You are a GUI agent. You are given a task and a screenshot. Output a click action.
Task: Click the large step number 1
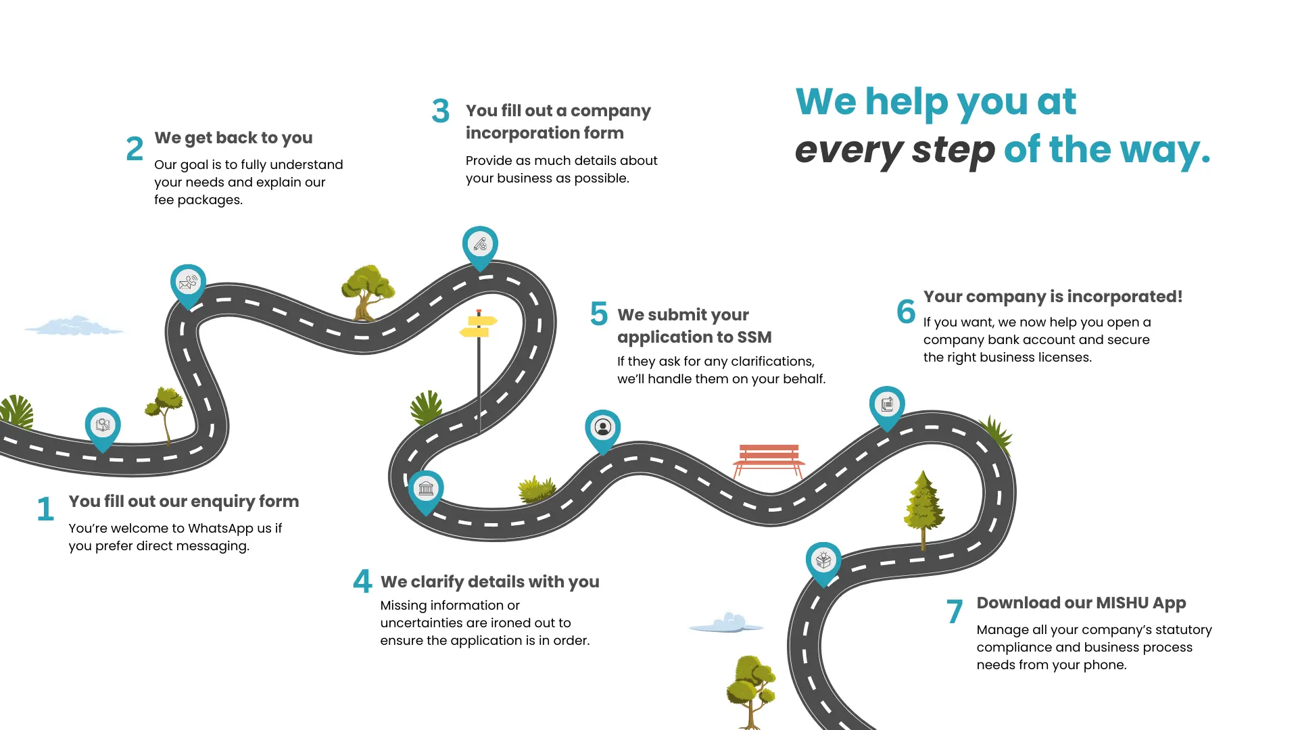(x=45, y=510)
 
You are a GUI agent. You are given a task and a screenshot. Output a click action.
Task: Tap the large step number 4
(x=362, y=581)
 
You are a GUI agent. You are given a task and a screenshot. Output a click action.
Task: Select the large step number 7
(x=954, y=612)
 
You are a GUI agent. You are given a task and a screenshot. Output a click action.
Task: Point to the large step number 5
(x=598, y=314)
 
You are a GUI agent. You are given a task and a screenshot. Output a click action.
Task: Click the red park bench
(x=769, y=460)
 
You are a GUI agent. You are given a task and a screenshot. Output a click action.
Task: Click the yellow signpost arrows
(x=479, y=326)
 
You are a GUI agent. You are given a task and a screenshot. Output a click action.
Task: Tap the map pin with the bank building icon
(x=426, y=489)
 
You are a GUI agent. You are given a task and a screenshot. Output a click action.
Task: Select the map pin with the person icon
(x=602, y=429)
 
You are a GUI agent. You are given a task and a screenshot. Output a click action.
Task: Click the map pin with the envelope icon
(x=188, y=283)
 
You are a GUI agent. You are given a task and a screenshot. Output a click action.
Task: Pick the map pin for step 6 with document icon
(x=886, y=406)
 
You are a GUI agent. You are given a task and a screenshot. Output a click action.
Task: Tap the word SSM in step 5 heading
(x=754, y=337)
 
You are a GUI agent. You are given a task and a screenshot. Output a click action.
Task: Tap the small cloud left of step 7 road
(x=727, y=623)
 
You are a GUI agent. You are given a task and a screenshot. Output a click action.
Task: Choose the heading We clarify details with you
(x=489, y=582)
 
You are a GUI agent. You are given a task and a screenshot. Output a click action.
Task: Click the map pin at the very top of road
(x=480, y=245)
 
